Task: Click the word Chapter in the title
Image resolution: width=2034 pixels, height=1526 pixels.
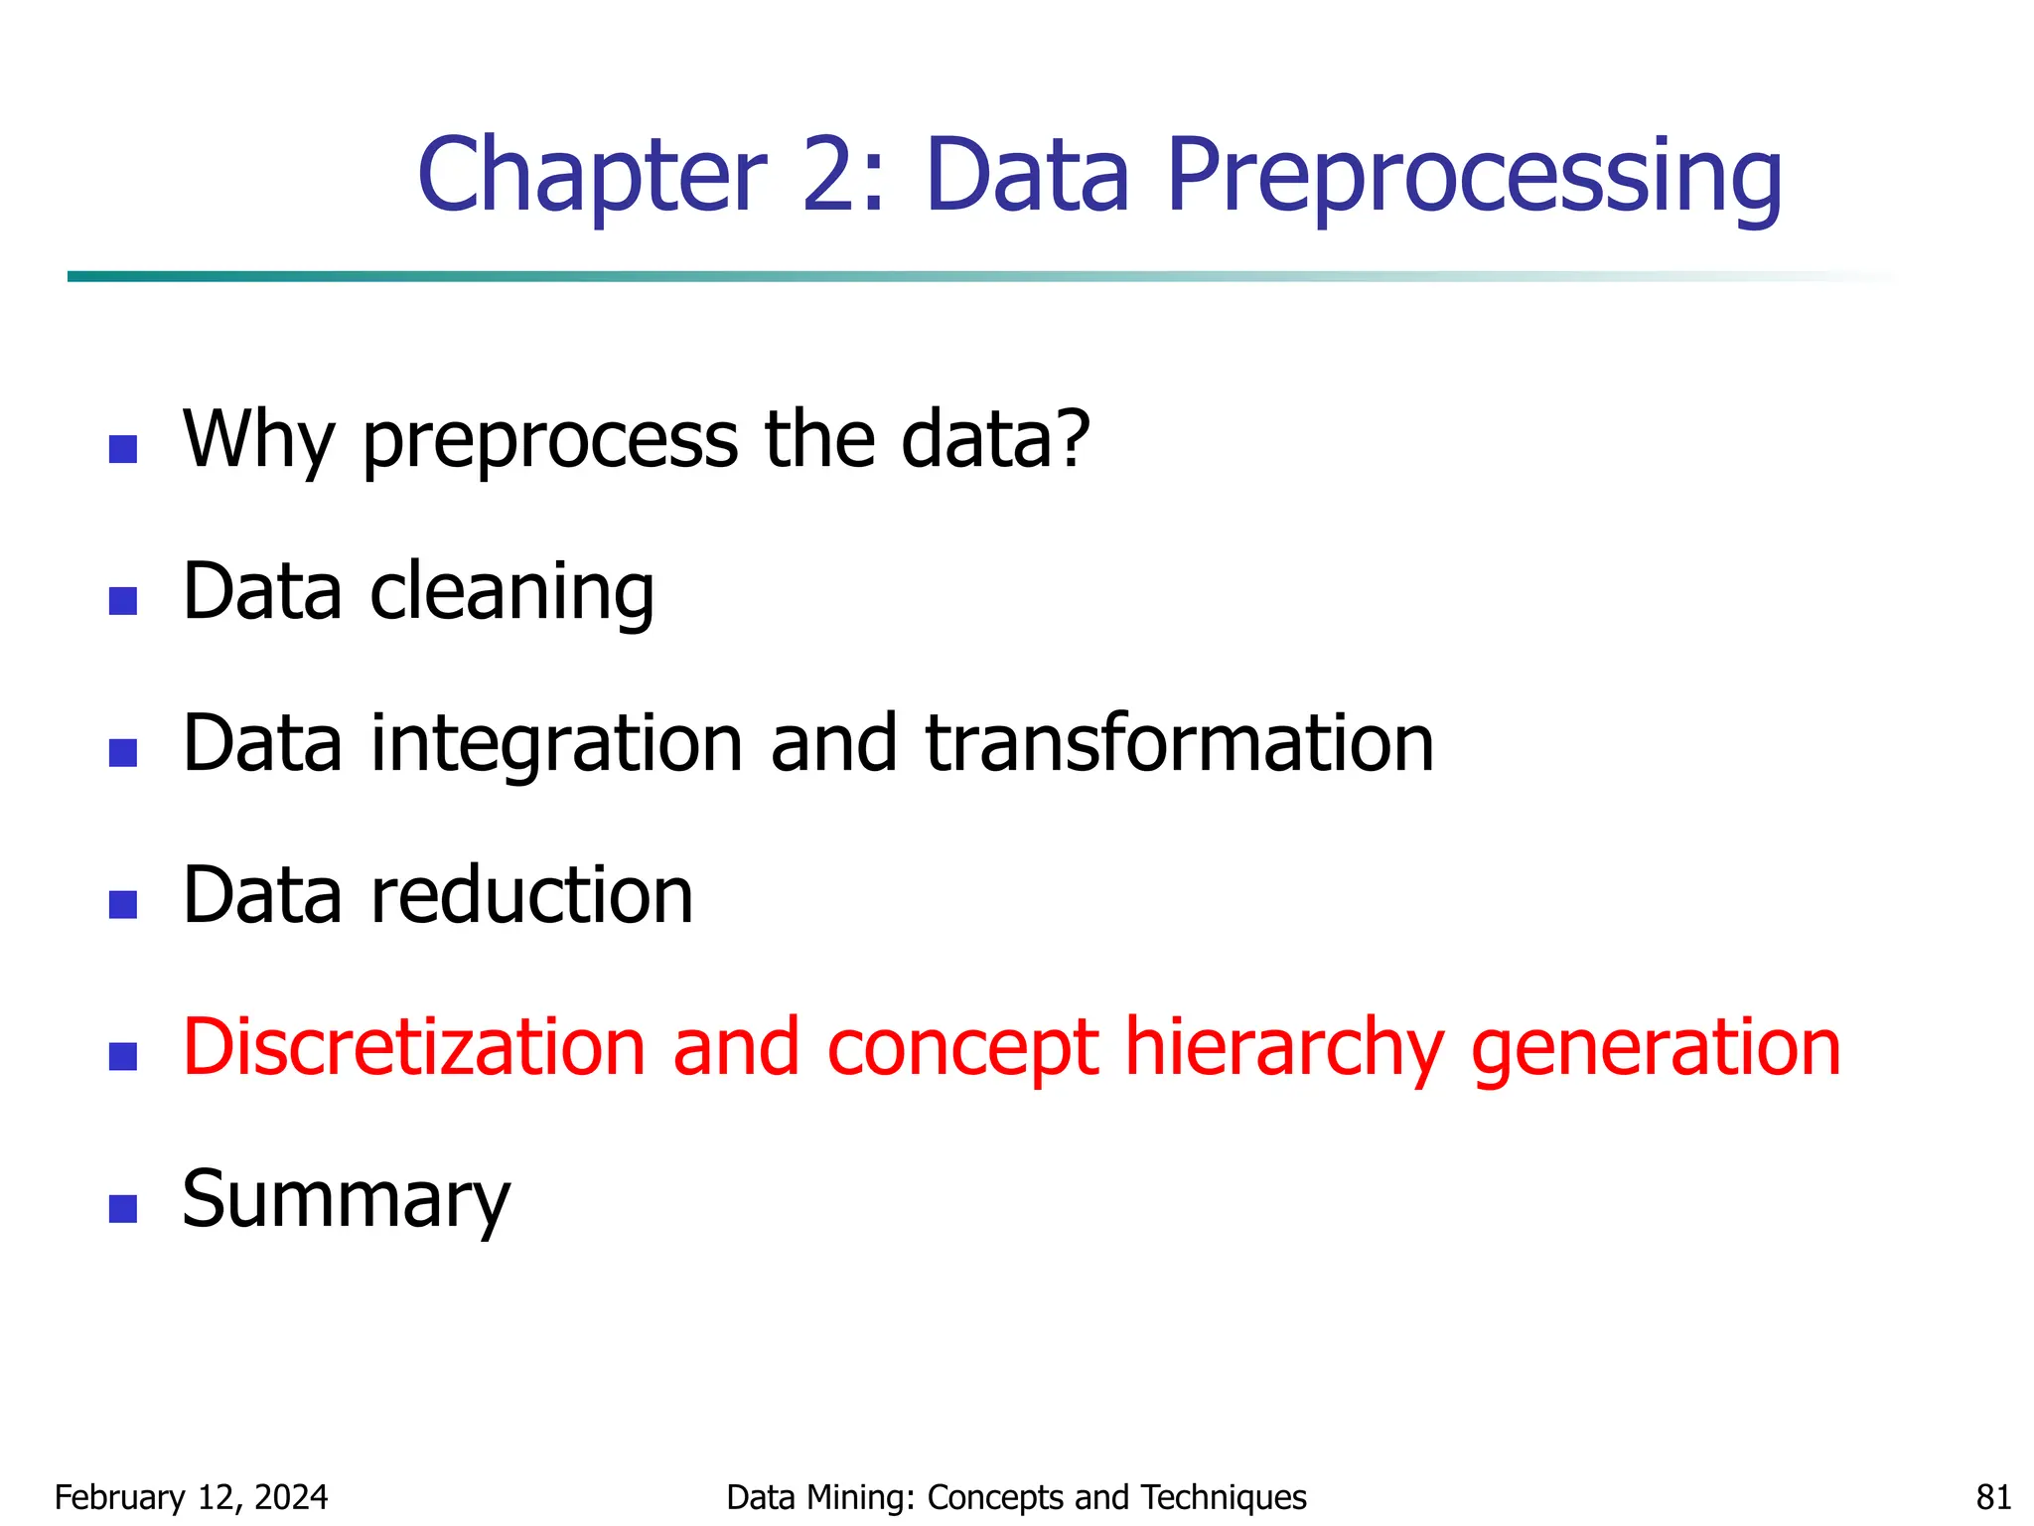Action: pos(593,177)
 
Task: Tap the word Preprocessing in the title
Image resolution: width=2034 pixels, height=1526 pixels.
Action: pos(1475,177)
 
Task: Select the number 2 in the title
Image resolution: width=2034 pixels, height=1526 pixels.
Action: pos(830,177)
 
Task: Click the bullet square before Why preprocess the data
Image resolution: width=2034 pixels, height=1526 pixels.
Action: pos(123,449)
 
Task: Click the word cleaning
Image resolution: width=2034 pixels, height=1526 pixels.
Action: pos(512,592)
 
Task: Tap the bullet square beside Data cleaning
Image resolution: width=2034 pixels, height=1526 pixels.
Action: pos(123,601)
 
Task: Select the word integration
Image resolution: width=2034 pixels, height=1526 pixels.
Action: pos(557,744)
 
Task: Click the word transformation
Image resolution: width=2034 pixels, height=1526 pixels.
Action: pos(1180,744)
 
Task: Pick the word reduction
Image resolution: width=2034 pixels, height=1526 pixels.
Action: pos(532,895)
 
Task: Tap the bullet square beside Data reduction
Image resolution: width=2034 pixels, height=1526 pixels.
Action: pos(123,904)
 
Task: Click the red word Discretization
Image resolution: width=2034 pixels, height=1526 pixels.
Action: pos(415,1047)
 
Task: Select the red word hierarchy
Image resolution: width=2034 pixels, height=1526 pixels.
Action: pos(1284,1049)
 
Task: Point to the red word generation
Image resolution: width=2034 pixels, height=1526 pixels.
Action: pos(1656,1049)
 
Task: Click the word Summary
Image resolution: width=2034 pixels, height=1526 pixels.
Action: pos(346,1200)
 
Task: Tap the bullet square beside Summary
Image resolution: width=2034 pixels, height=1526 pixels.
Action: pos(123,1208)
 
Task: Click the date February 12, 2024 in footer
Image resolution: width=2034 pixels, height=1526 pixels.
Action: pos(191,1497)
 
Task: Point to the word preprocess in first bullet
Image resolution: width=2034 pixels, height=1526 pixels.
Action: pos(550,440)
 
